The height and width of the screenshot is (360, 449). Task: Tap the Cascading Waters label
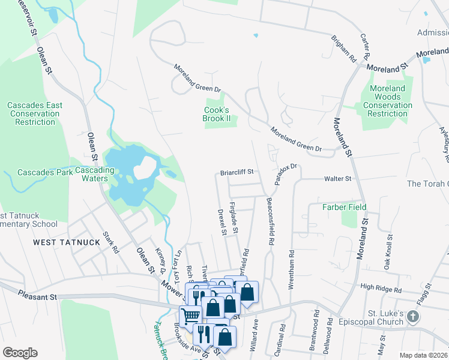coord(95,174)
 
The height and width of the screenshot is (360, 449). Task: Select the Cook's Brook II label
coord(217,114)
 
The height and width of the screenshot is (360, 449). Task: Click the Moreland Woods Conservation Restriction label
coord(388,101)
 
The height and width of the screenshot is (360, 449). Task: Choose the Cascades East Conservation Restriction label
coord(35,113)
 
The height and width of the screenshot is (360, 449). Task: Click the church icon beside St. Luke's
coord(412,316)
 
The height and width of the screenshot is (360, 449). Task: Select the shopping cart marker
coord(191,315)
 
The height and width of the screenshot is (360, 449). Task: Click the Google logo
coord(20,353)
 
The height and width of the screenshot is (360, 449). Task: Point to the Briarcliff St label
coord(237,171)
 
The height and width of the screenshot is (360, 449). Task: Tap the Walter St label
coord(337,178)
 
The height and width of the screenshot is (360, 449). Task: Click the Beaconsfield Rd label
coord(271,221)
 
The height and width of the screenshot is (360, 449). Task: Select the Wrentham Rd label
coord(292,252)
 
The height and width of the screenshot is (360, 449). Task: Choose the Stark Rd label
coord(109,241)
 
